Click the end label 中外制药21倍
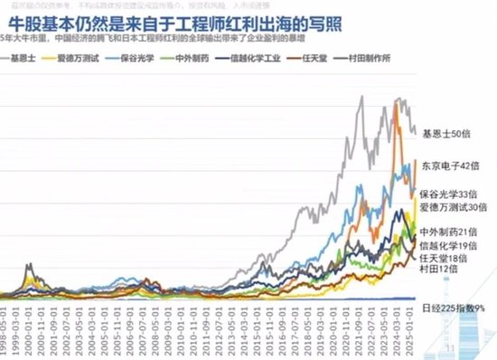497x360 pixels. pyautogui.click(x=448, y=232)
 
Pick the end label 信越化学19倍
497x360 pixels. pyautogui.click(x=448, y=245)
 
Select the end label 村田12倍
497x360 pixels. pyautogui.click(x=440, y=270)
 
